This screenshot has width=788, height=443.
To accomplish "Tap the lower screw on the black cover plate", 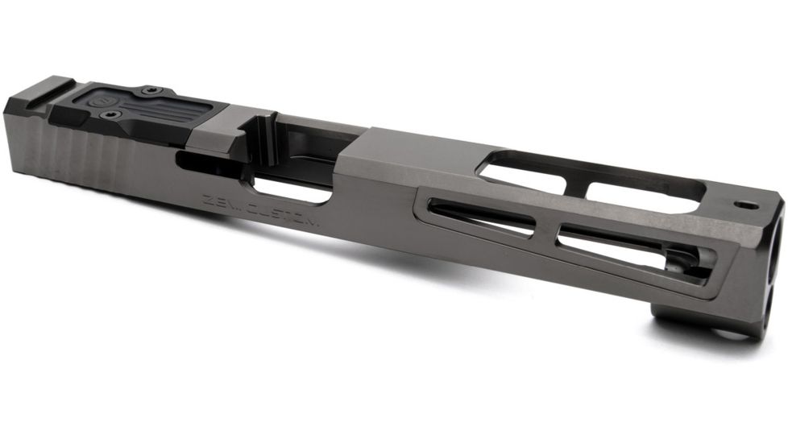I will pos(110,114).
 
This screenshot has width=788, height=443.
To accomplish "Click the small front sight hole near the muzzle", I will pos(746,206).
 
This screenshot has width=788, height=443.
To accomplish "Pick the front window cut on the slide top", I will pos(645,193).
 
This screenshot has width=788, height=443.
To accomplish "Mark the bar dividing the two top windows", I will pos(575,182).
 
